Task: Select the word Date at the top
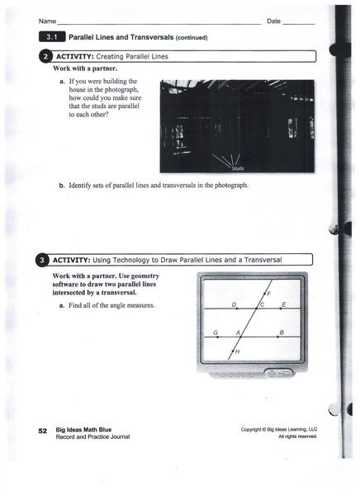coord(273,21)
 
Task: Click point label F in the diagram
coord(268,294)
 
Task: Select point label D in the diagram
coord(234,304)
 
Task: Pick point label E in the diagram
coord(284,304)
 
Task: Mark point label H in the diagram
coord(238,352)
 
